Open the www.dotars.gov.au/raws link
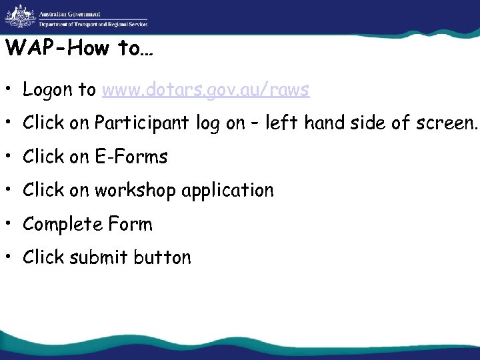[x=205, y=90]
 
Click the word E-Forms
[x=131, y=157]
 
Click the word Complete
[x=61, y=225]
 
